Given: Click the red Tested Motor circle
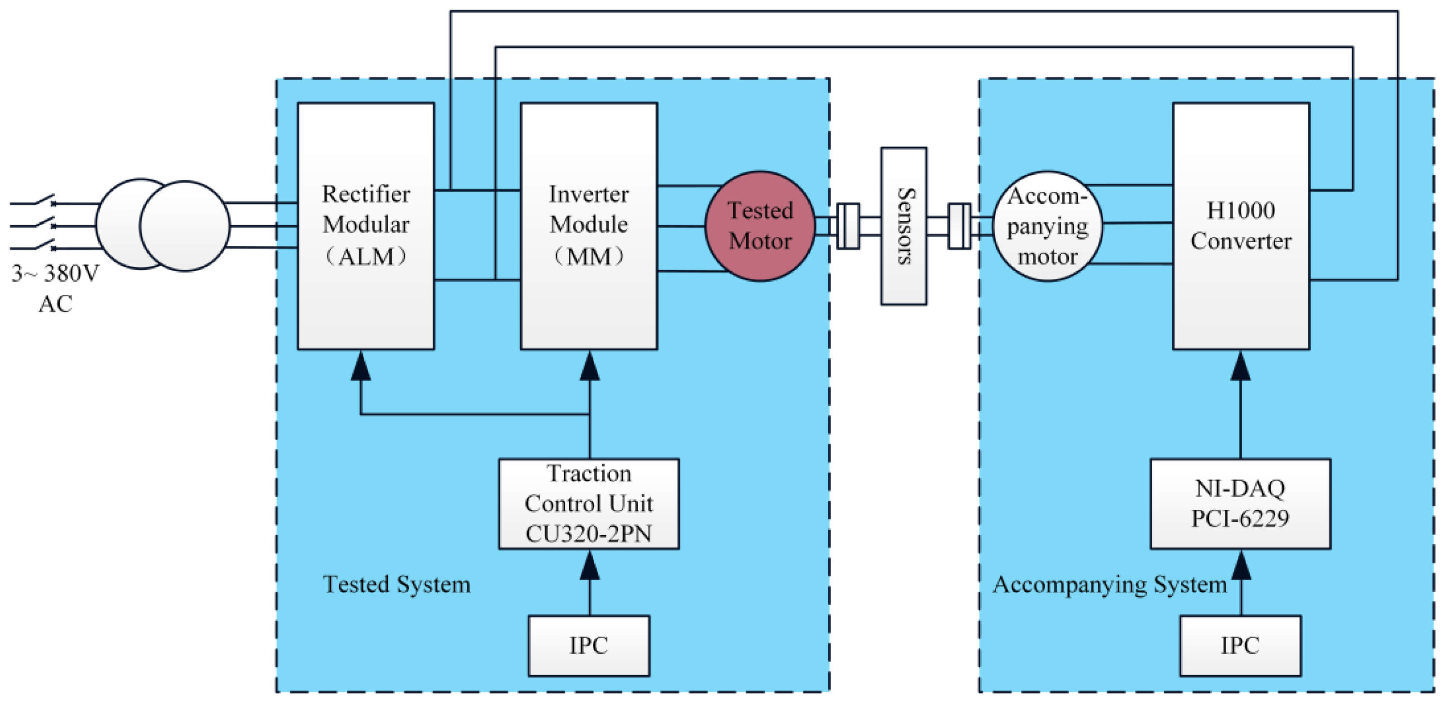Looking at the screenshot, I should [x=760, y=226].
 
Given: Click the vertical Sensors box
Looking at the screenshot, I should [x=903, y=226].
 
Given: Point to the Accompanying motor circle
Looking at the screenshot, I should [x=1047, y=226].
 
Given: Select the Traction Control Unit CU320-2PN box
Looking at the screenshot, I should [x=589, y=503].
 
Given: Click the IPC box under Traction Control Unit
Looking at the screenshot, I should [x=589, y=645].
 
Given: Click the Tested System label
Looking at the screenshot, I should [x=396, y=584].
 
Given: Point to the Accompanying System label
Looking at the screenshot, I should [x=1109, y=584].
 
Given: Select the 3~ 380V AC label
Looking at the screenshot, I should [x=55, y=288].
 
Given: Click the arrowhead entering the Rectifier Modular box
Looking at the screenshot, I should [x=361, y=366].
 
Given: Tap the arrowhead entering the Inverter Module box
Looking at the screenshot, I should [x=589, y=366].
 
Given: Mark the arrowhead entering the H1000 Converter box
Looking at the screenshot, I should [x=1241, y=366].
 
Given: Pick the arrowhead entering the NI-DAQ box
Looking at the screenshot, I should [x=1241, y=565].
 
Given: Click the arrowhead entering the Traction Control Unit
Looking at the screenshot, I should [x=589, y=565].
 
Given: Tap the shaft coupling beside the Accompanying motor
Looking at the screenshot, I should [x=959, y=226].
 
